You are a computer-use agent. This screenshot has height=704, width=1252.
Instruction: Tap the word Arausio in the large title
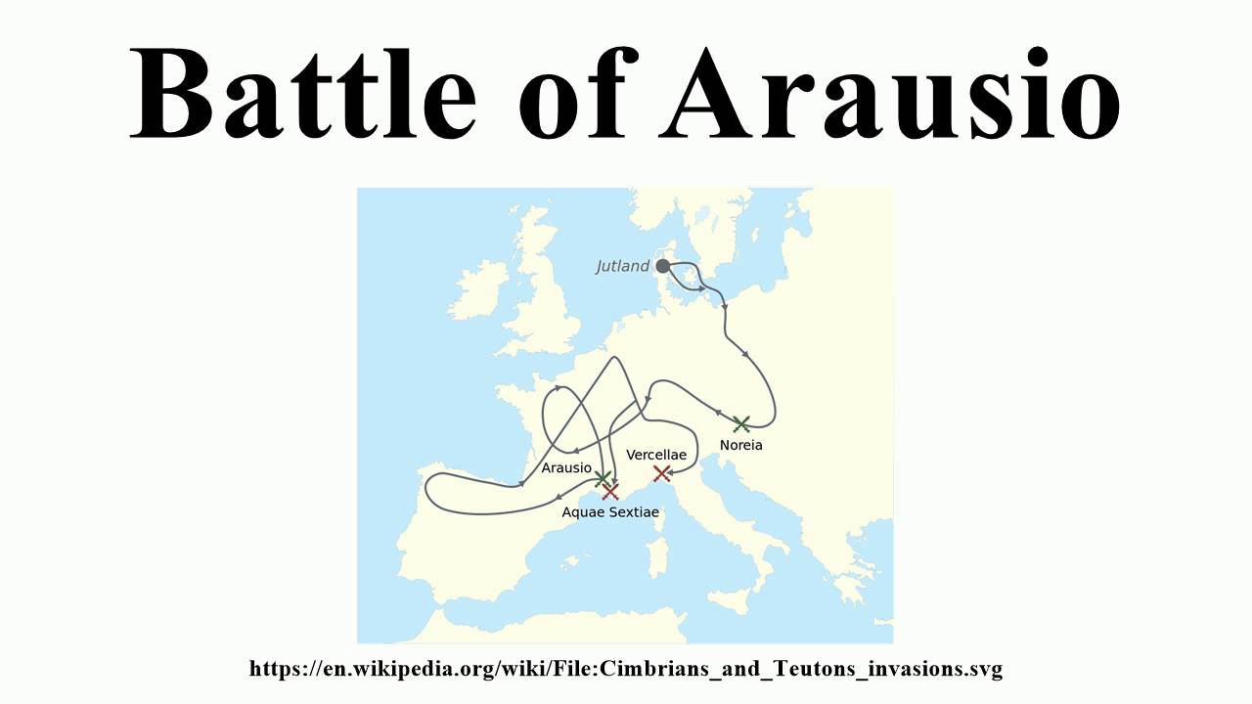pos(890,93)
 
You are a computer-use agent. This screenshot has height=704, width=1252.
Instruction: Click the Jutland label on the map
pos(623,266)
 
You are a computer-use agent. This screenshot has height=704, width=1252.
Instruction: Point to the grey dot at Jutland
pos(662,266)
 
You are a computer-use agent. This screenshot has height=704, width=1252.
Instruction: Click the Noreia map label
pos(740,445)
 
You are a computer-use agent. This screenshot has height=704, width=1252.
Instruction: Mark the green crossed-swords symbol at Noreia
pos(741,423)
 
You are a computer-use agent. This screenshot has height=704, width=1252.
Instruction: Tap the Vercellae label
pos(656,455)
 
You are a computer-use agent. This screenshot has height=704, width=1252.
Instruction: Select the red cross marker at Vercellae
pos(661,473)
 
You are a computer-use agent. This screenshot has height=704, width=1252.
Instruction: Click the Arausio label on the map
pos(566,467)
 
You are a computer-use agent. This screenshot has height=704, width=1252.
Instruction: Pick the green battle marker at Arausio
pos(603,477)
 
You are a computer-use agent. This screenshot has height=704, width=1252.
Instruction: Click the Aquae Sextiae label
pos(610,511)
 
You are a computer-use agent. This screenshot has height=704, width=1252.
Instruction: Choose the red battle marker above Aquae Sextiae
pos(610,491)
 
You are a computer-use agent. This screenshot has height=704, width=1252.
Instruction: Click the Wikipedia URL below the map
pos(626,669)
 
